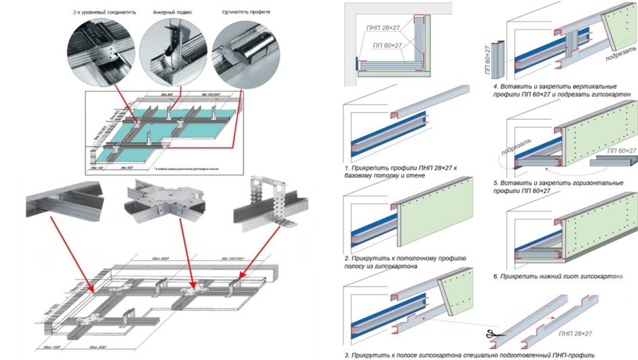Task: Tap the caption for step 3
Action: coord(468,355)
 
